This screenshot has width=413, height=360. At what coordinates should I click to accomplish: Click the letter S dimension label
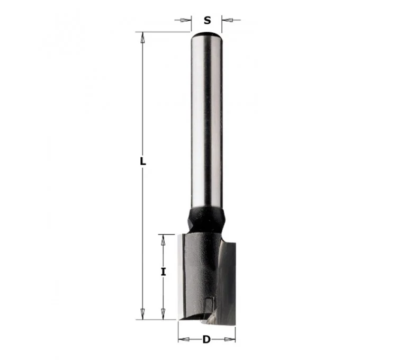tap(207, 20)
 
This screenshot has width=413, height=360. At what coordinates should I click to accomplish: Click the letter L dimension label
tap(143, 161)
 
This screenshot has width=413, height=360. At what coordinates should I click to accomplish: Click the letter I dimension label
tap(163, 272)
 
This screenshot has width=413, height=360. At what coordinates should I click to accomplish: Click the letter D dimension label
tap(206, 339)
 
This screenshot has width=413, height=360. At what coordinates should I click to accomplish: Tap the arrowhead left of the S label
tap(186, 20)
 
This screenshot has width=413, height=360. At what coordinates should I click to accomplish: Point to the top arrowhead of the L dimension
tap(143, 38)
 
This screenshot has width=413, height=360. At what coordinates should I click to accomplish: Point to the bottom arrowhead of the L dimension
tap(143, 314)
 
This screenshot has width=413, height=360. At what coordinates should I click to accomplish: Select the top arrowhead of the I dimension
tap(163, 240)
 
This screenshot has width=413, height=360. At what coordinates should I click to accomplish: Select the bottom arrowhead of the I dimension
tap(163, 314)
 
